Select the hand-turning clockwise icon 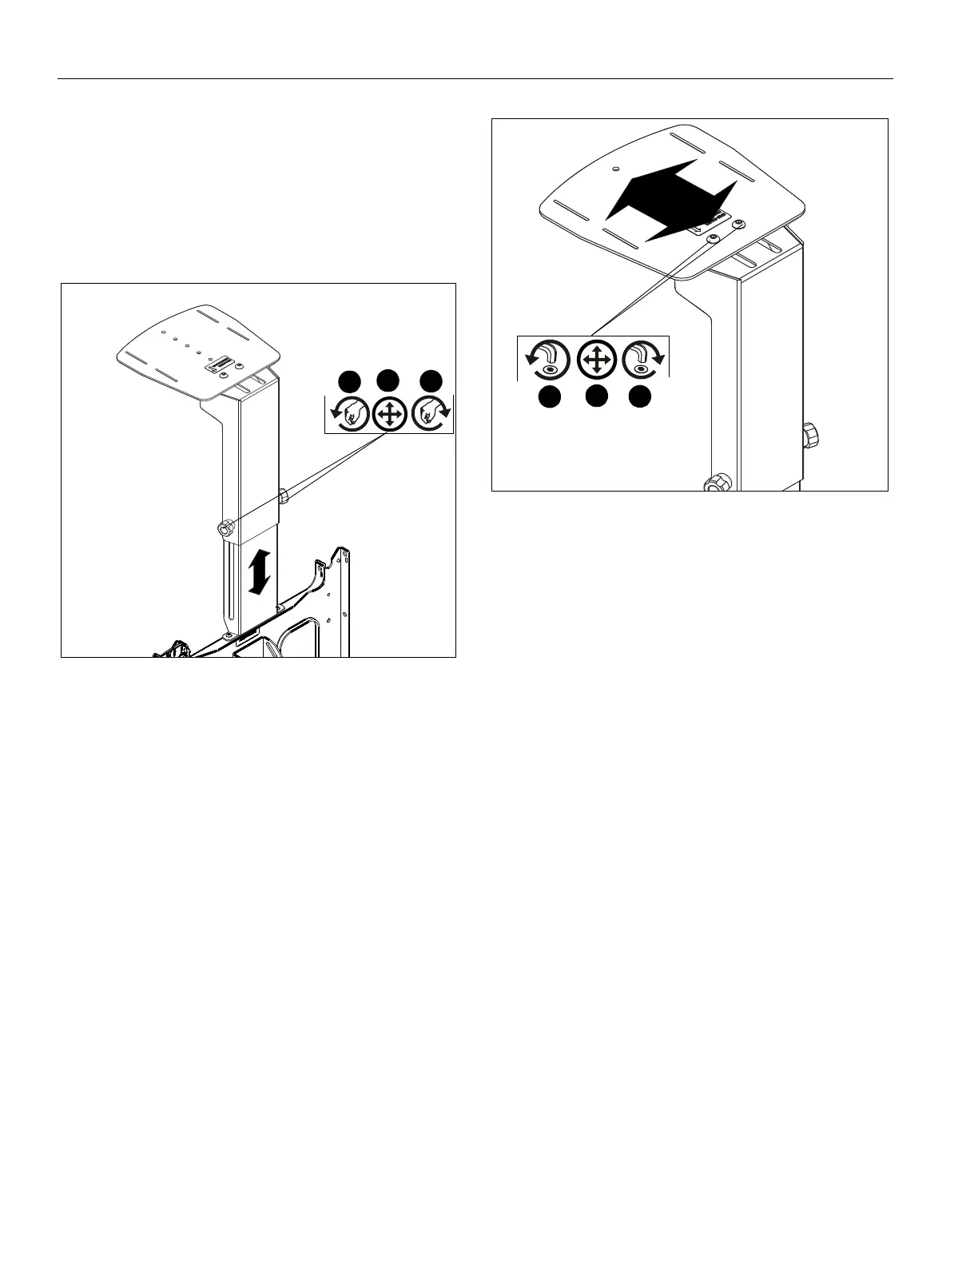point(432,414)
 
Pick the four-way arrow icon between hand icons point(389,414)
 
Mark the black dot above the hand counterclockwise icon point(347,380)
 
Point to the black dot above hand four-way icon point(388,380)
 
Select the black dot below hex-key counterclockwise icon point(548,397)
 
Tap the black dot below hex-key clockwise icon point(638,397)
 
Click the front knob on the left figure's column point(225,527)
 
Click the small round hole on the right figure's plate point(615,169)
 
